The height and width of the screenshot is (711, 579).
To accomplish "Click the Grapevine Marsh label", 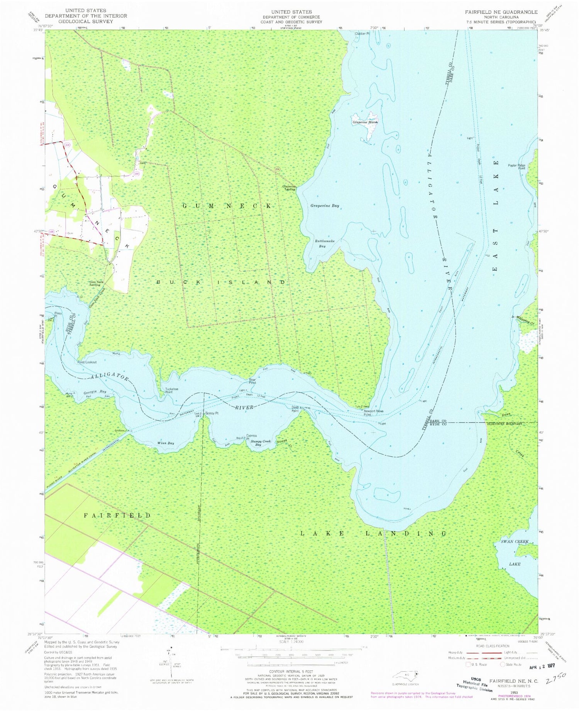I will [364, 122].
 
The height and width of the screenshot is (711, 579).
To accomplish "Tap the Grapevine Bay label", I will [325, 206].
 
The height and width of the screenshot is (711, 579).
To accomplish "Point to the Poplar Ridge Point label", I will [517, 167].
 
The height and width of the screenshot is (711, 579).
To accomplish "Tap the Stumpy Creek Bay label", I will [261, 443].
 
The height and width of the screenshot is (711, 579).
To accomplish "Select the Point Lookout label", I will [87, 362].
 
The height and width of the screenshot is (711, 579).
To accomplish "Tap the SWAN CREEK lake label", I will [515, 542].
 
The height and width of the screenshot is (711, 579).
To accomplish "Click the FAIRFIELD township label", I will [117, 515].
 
